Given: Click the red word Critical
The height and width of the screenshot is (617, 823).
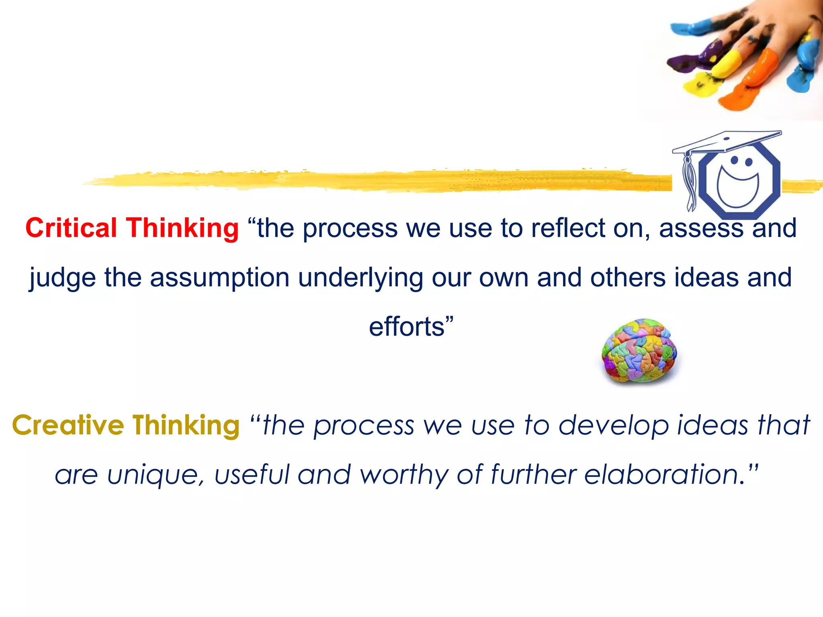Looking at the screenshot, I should tap(71, 228).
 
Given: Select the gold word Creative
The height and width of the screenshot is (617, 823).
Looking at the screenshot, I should tap(68, 425).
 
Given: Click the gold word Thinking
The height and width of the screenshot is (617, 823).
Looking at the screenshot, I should tap(186, 425).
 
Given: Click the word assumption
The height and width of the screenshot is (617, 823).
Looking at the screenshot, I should tap(219, 278).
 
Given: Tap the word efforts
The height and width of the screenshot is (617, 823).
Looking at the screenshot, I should tap(407, 327).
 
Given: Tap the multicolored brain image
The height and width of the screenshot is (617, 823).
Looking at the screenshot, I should tap(639, 350).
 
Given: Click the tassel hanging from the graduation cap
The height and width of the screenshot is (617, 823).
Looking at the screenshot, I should tap(690, 181).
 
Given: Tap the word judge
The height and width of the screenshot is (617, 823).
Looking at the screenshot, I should tap(62, 278).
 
